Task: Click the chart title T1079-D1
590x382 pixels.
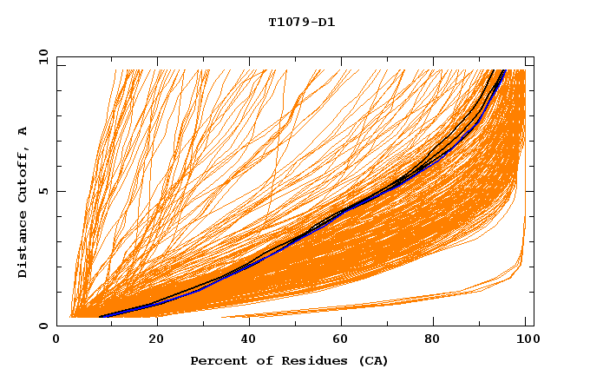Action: [301, 22]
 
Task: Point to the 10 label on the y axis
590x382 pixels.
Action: [43, 56]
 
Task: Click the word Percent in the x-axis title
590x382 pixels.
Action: [217, 360]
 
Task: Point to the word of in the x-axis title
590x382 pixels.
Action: [263, 360]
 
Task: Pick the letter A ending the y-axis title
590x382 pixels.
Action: [23, 131]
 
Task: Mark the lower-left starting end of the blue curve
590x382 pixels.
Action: [102, 317]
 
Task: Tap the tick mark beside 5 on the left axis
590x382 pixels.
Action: [60, 191]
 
